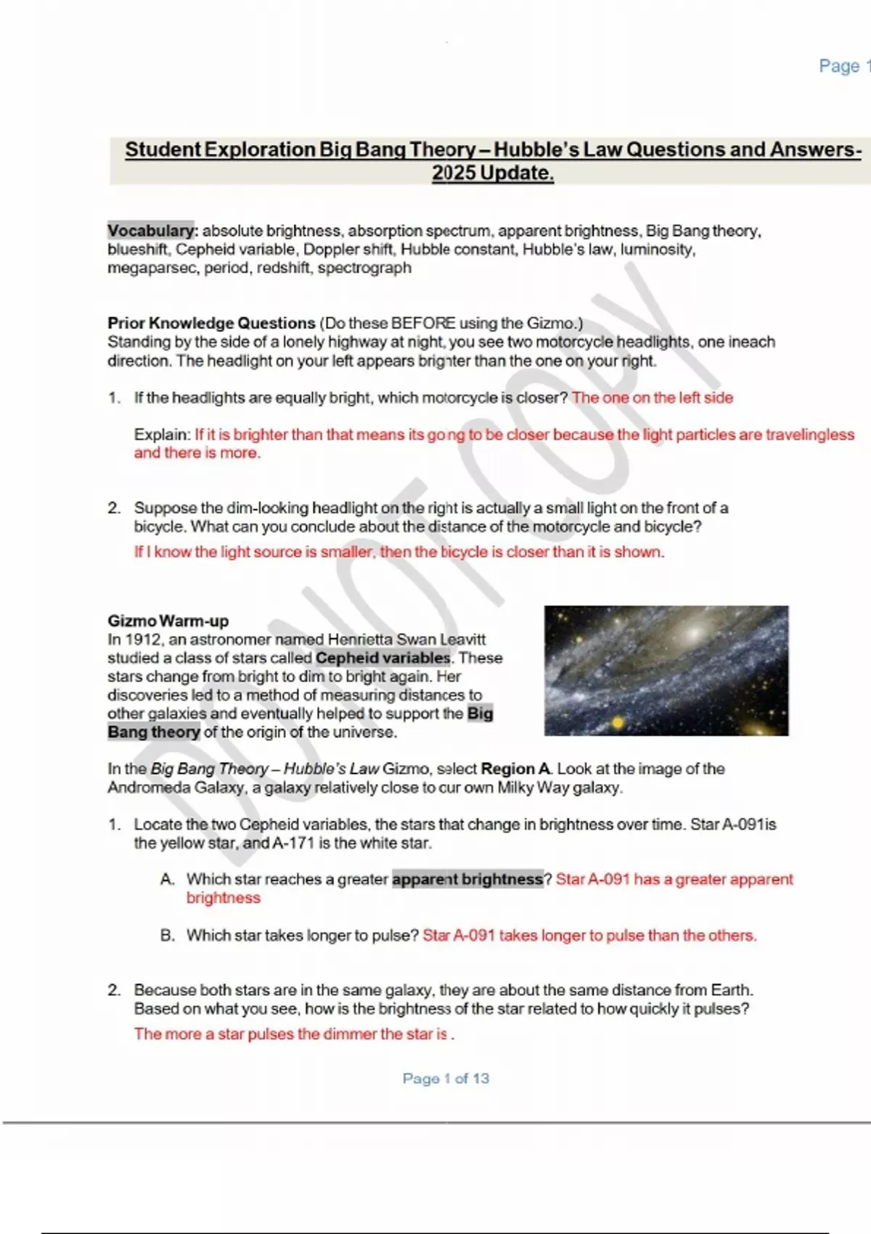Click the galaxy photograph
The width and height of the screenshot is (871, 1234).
[x=666, y=671]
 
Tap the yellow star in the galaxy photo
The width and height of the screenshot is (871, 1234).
[x=618, y=722]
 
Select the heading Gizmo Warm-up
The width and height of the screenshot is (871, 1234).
[x=168, y=621]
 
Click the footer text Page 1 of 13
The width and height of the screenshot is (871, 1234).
[x=446, y=1079]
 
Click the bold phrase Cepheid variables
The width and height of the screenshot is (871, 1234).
[x=383, y=658]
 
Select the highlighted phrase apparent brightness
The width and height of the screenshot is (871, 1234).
[x=467, y=880]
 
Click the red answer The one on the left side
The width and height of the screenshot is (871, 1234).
[x=652, y=398]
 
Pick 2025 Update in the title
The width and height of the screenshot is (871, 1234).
[x=492, y=173]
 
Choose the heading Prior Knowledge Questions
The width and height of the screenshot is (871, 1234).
[x=211, y=323]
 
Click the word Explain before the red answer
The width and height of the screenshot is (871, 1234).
[x=162, y=435]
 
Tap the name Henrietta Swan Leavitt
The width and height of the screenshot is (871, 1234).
[x=406, y=640]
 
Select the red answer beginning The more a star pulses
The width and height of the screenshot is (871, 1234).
[x=294, y=1034]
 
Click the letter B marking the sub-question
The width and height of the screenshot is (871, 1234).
[x=167, y=936]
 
